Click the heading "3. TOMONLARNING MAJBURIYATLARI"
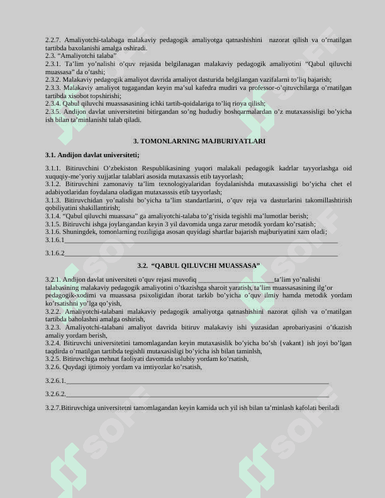tap(199, 141)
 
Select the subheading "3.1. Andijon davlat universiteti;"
tap(92, 155)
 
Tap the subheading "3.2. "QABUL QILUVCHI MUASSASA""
tap(198, 266)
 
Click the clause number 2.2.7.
tap(53, 40)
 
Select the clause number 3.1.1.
tap(53, 169)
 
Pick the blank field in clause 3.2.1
tap(236, 280)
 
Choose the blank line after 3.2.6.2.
tap(198, 394)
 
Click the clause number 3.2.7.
tap(53, 408)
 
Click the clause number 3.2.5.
tap(53, 359)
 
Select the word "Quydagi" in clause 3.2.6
tap(75, 367)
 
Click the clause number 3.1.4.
tap(53, 216)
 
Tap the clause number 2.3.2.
tap(53, 80)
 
